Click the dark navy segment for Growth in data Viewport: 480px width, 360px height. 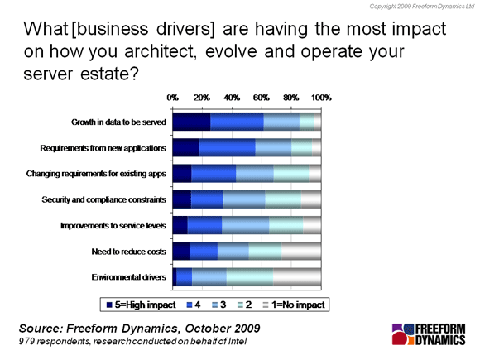coord(191,122)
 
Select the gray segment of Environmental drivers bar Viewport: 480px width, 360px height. coord(297,277)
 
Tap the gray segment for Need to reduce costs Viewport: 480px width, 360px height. coord(301,252)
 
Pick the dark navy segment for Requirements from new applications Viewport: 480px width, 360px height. coord(185,148)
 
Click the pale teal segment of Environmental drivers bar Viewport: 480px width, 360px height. coord(250,277)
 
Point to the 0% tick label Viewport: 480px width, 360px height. coord(173,98)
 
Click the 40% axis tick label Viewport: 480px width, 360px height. coord(232,98)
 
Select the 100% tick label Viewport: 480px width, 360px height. coord(321,98)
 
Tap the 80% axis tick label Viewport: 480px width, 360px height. coord(290,98)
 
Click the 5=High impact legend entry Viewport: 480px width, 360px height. coord(142,305)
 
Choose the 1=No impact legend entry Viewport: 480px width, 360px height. coord(294,305)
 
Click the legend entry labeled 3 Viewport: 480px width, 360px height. coord(219,305)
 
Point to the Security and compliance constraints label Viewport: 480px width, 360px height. coord(104,199)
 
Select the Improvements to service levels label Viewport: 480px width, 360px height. coord(113,226)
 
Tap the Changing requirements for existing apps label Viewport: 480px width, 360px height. coord(96,174)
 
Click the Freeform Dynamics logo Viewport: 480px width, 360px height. coord(429,334)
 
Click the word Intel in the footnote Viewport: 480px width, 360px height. coord(238,341)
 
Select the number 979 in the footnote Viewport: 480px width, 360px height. coord(26,341)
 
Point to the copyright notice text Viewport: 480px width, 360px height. coord(422,7)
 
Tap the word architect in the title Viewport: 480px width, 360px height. coord(160,51)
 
